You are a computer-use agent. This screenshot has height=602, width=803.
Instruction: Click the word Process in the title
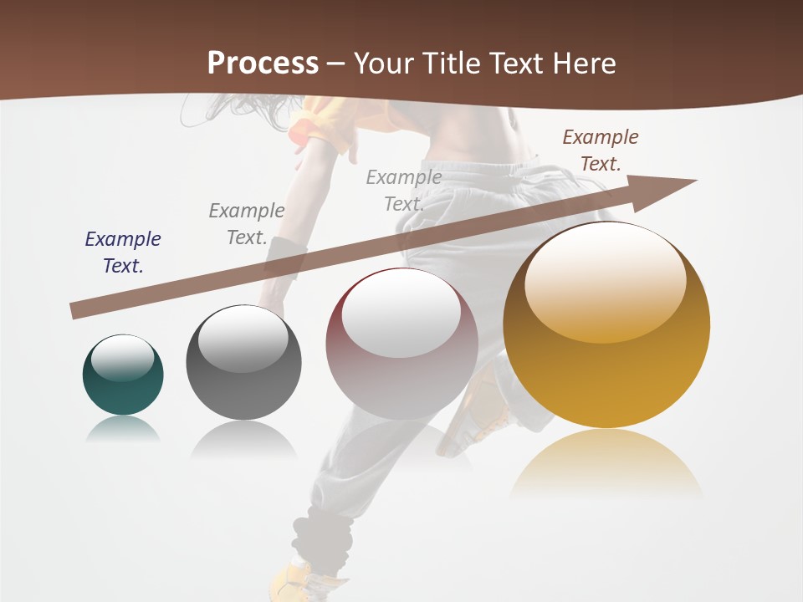tap(263, 63)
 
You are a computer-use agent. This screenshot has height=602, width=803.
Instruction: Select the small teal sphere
tap(123, 375)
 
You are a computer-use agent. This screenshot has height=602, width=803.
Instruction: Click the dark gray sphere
tap(243, 363)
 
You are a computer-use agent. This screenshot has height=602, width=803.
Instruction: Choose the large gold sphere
tap(606, 326)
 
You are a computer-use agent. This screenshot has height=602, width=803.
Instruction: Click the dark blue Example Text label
tap(123, 252)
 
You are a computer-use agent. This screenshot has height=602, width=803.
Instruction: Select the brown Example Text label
tap(600, 150)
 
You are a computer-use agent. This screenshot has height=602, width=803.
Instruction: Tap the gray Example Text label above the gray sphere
tap(247, 223)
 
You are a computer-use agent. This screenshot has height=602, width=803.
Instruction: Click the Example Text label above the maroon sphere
tap(404, 190)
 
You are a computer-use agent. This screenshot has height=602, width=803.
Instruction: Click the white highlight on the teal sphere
tap(123, 358)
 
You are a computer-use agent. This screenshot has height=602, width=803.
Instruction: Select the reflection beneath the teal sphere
tap(123, 428)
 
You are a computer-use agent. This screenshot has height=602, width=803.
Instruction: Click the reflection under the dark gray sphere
tap(243, 438)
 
